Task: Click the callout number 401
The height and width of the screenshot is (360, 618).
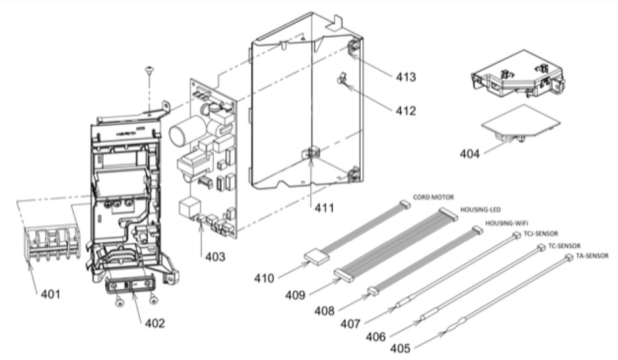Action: coord(51,294)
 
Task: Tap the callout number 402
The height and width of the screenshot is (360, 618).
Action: coord(155,323)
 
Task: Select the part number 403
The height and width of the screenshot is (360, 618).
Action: coord(215,256)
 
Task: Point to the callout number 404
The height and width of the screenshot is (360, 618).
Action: coord(470,154)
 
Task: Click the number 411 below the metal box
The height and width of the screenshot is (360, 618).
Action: coord(324,207)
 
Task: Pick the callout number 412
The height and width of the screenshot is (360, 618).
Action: coord(406,111)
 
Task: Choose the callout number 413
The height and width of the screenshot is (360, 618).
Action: coord(406,76)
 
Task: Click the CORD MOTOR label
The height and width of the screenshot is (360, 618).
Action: coord(433,197)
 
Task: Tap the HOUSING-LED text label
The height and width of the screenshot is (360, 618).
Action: coord(480,209)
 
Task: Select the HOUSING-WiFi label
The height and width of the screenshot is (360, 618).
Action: coord(506,223)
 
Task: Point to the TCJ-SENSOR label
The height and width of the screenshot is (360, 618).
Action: coord(541,233)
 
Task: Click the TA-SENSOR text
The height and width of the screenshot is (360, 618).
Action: coord(592,256)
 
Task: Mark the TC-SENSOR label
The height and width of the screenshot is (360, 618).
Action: coord(564,246)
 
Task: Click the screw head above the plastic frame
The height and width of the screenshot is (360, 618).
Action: coord(149,70)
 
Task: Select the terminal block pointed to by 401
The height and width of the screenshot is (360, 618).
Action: coord(52,242)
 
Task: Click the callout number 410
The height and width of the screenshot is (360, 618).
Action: coord(264,278)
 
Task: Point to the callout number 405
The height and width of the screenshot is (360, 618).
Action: coord(401,348)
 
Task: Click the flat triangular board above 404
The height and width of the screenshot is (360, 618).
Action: coord(520,121)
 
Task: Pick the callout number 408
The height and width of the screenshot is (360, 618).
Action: coord(324,311)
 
